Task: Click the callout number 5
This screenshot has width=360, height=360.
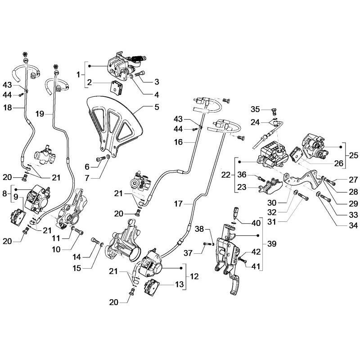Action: point(157,107)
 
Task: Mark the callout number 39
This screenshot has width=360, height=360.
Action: point(272,245)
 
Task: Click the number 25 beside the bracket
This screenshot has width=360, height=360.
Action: point(353,155)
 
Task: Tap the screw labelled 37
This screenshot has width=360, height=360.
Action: point(207,244)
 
